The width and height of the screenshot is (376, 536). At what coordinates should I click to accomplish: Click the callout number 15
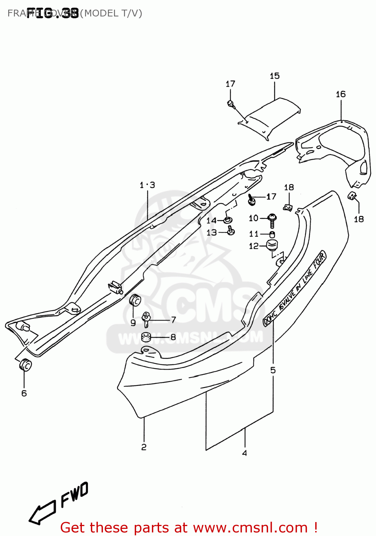coord(274,76)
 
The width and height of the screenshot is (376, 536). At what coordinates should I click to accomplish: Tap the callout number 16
coord(341,94)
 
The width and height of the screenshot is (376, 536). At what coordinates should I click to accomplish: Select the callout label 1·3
coord(147,185)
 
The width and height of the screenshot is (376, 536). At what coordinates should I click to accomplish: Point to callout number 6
coord(24,393)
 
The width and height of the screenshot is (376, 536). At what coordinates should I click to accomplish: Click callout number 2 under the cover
coord(144,447)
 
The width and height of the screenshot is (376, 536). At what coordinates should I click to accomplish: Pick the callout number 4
coord(244,453)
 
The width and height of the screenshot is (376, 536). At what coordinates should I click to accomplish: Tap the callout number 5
coord(273,370)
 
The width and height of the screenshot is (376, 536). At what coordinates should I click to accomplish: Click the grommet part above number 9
coord(135,301)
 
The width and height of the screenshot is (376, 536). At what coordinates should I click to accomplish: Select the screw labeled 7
coord(146,319)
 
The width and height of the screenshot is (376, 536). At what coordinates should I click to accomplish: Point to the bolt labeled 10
coord(272,219)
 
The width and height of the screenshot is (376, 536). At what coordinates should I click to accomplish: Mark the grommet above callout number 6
coord(25,365)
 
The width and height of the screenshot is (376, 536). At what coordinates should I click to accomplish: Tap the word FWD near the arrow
coord(74,495)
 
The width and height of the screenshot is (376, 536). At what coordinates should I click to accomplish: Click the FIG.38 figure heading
coord(53,13)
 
